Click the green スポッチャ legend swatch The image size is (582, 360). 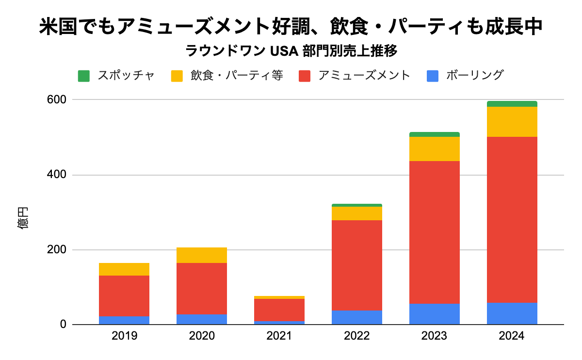tap(84, 76)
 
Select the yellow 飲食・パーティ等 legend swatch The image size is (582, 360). tap(177, 76)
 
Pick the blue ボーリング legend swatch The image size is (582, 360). tap(433, 76)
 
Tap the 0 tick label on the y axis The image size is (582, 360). tap(64, 325)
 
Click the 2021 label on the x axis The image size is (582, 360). tap(279, 336)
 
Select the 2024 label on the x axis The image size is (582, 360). tap(512, 336)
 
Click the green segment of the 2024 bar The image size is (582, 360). tap(512, 104)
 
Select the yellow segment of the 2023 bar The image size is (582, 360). tap(434, 149)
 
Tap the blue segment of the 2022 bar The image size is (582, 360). tap(356, 317)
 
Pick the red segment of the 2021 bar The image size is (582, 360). tap(279, 310)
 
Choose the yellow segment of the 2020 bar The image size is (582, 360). tap(201, 255)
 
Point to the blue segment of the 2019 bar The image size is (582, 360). tap(124, 320)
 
